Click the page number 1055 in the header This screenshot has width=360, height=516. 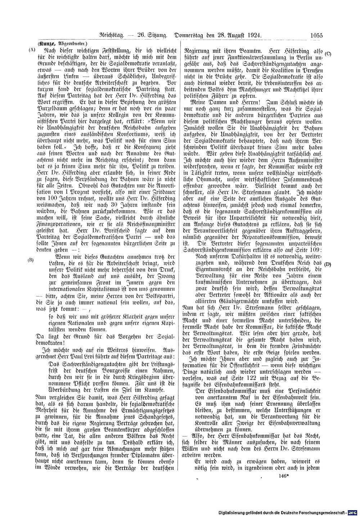point(316,35)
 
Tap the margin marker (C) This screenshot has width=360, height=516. point(328,54)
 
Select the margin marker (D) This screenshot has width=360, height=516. point(328,264)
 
